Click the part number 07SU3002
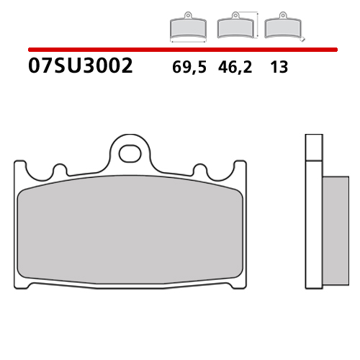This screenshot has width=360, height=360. click(x=80, y=67)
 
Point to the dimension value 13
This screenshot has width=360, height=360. click(x=279, y=68)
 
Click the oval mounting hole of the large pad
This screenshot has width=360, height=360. click(x=131, y=153)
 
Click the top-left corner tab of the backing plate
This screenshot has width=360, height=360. click(x=22, y=167)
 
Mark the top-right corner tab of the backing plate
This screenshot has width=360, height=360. click(x=239, y=167)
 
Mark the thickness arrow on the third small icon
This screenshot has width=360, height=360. click(x=304, y=36)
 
